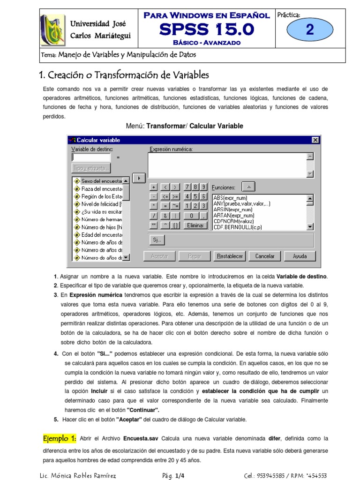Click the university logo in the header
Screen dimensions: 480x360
click(x=52, y=30)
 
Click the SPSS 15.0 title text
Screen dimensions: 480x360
click(x=206, y=30)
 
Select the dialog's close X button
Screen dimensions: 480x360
click(x=315, y=140)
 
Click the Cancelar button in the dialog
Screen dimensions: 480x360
click(x=265, y=256)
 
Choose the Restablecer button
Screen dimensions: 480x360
click(x=230, y=256)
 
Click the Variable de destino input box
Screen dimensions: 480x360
click(x=91, y=157)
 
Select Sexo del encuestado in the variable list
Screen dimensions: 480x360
click(x=101, y=181)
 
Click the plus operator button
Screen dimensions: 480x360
click(x=154, y=187)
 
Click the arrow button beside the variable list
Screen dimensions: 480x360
click(x=138, y=178)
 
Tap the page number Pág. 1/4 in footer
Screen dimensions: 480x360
click(x=173, y=475)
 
